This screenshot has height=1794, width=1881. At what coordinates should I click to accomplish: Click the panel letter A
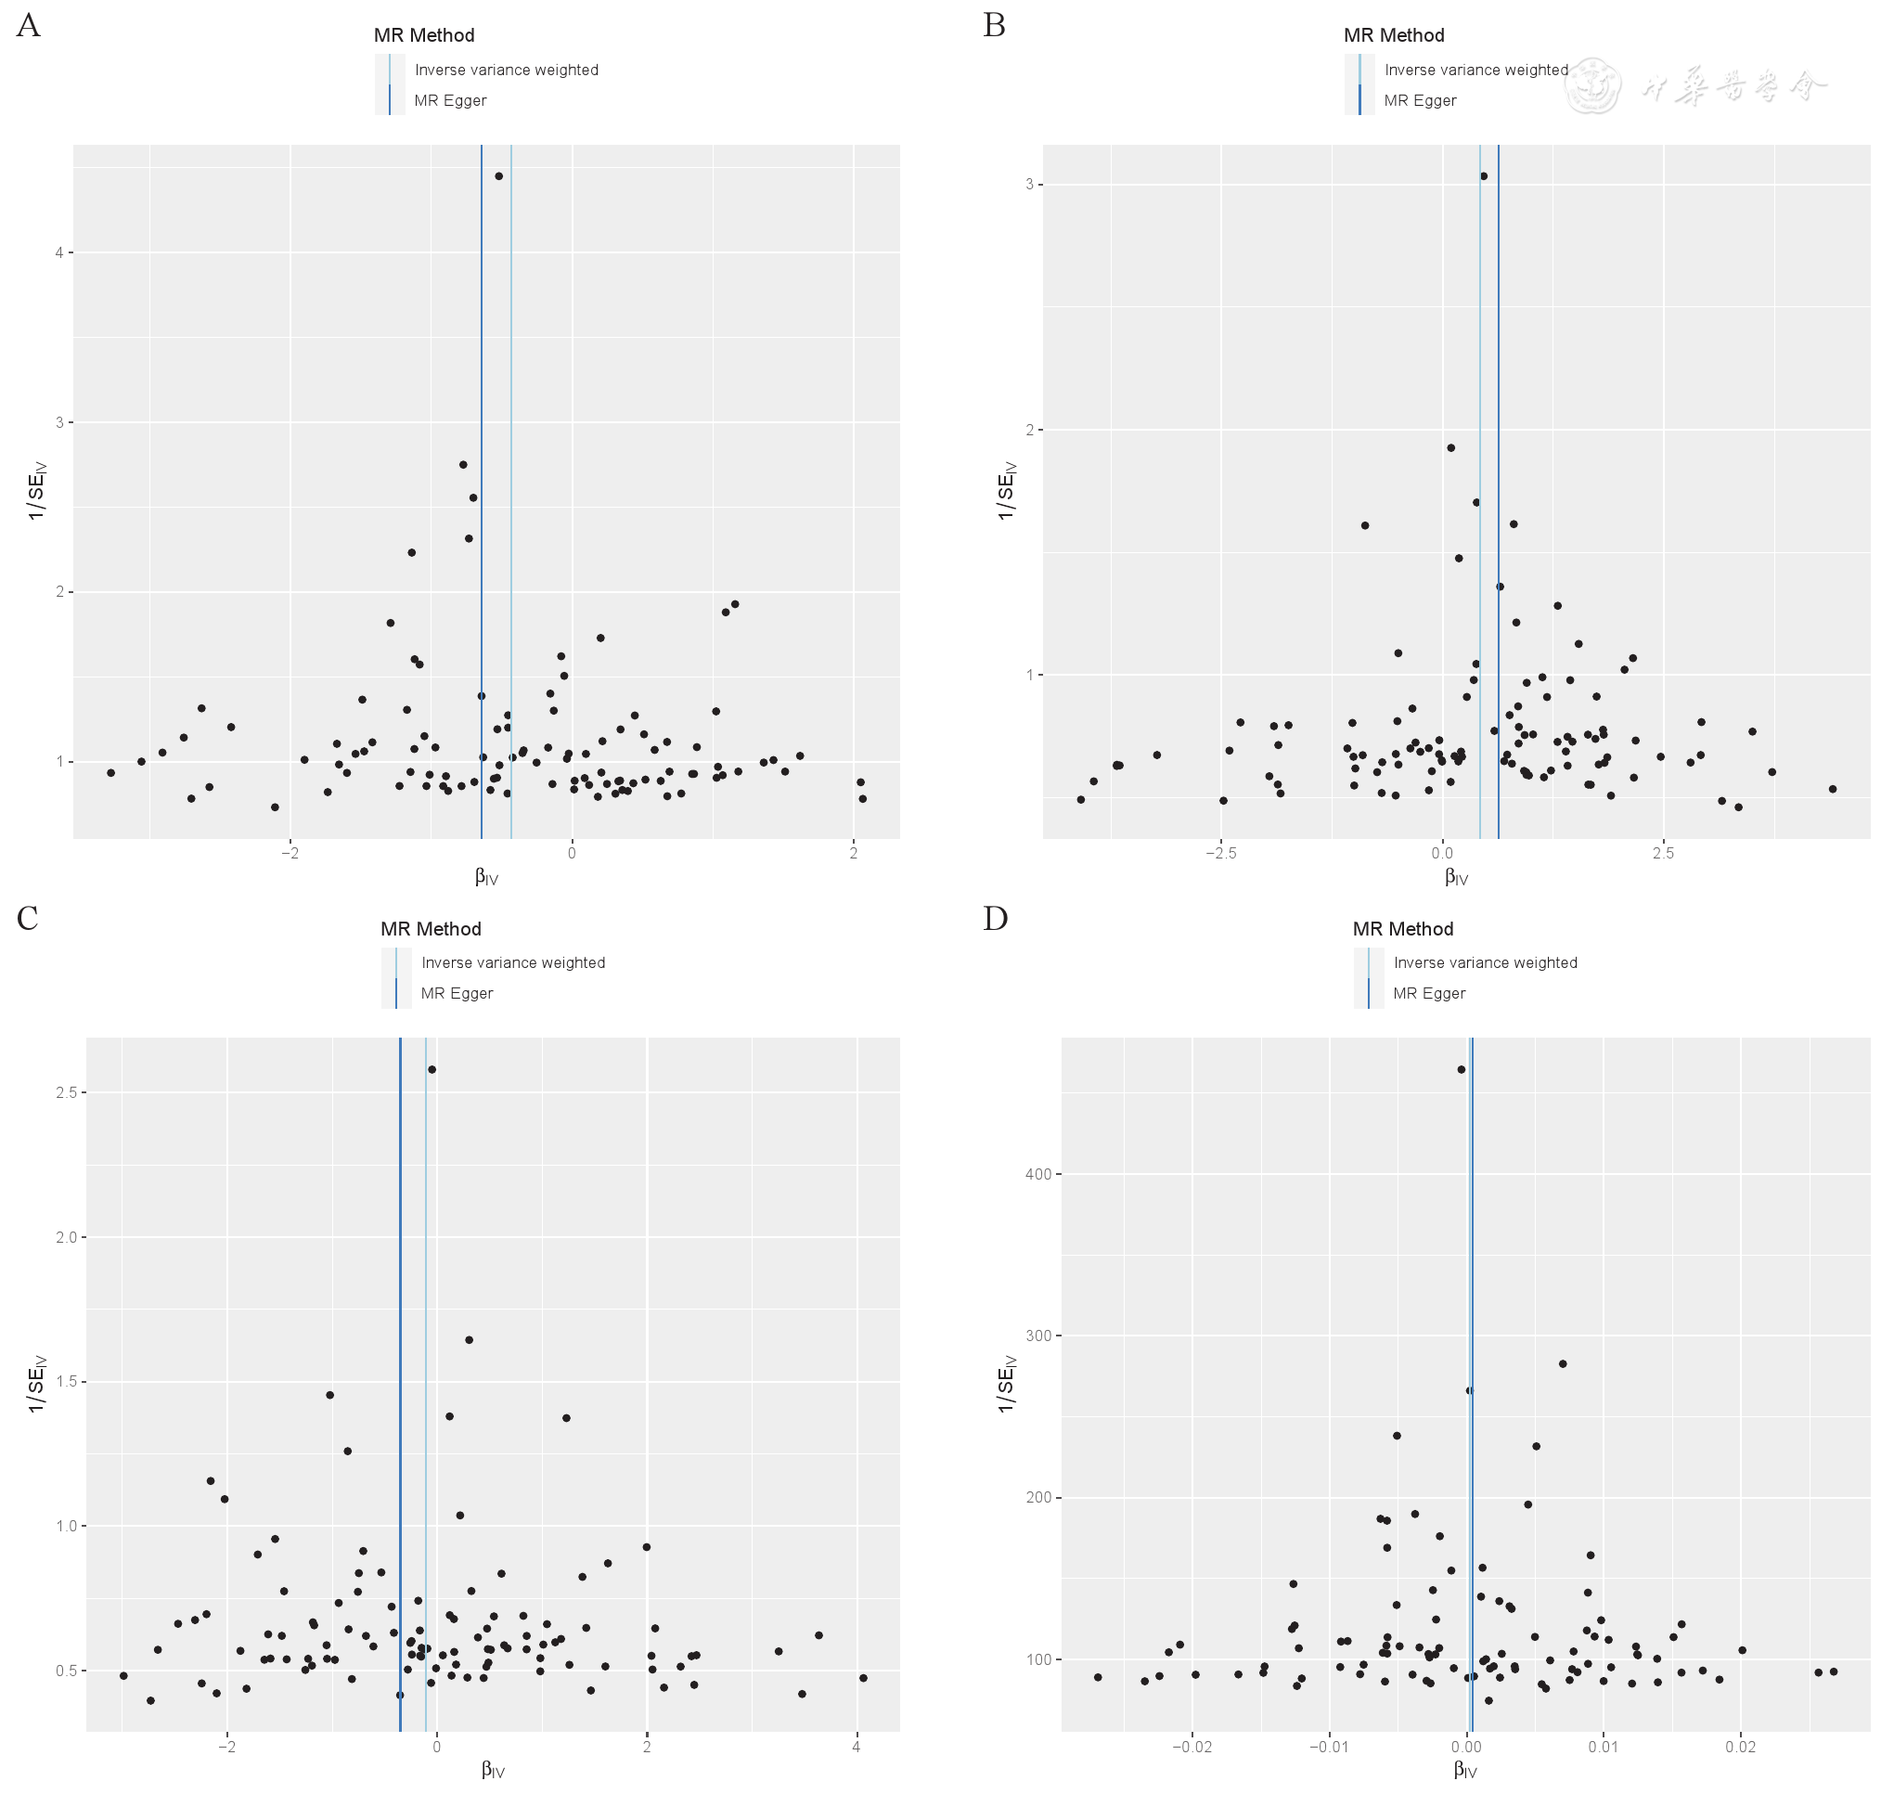click(x=29, y=26)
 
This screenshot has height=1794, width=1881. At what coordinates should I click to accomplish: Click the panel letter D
click(x=995, y=919)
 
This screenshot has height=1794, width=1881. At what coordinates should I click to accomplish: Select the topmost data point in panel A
click(x=498, y=176)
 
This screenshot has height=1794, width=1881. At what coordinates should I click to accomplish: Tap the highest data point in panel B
click(x=1483, y=176)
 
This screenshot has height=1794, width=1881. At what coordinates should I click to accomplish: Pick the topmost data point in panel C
click(x=432, y=1069)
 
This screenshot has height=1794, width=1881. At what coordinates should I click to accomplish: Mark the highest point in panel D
click(x=1462, y=1069)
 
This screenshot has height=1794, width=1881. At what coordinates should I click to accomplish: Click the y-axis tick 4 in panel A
click(x=59, y=252)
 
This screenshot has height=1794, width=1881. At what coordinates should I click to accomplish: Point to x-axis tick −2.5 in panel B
click(x=1220, y=853)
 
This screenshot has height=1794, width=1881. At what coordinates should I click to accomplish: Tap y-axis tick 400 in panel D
click(x=1037, y=1173)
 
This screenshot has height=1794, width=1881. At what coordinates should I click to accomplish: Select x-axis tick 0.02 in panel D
click(x=1741, y=1746)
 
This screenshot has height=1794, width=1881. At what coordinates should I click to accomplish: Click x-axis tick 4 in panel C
click(x=857, y=1746)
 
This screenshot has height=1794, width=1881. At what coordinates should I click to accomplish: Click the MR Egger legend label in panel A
click(x=449, y=100)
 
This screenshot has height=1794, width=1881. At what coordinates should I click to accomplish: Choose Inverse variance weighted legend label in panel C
click(x=512, y=962)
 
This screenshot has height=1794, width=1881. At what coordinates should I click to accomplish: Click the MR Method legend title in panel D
click(x=1402, y=929)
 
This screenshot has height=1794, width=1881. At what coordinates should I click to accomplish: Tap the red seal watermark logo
click(x=1591, y=86)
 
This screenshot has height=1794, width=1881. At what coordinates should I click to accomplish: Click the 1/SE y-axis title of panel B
click(x=1006, y=491)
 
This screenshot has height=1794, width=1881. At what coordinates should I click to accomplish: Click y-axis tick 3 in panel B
click(x=1030, y=184)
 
